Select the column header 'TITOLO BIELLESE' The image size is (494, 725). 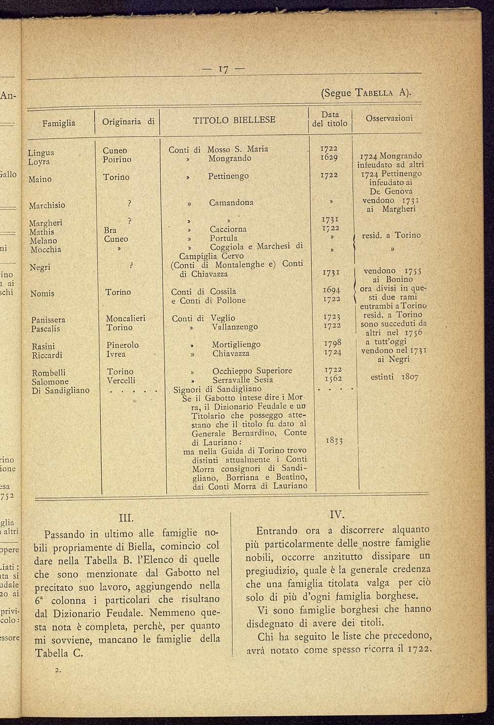click(x=234, y=119)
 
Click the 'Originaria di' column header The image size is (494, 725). click(x=128, y=121)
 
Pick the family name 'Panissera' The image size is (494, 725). click(x=48, y=320)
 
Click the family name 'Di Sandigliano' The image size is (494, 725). click(x=60, y=390)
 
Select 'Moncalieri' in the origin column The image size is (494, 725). click(x=126, y=319)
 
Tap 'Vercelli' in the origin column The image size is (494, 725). click(x=121, y=380)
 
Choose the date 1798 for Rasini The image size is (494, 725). click(x=331, y=343)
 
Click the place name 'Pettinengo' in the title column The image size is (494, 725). click(x=228, y=176)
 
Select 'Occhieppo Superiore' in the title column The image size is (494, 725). click(x=252, y=371)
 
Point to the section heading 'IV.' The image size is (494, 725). click(x=337, y=514)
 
